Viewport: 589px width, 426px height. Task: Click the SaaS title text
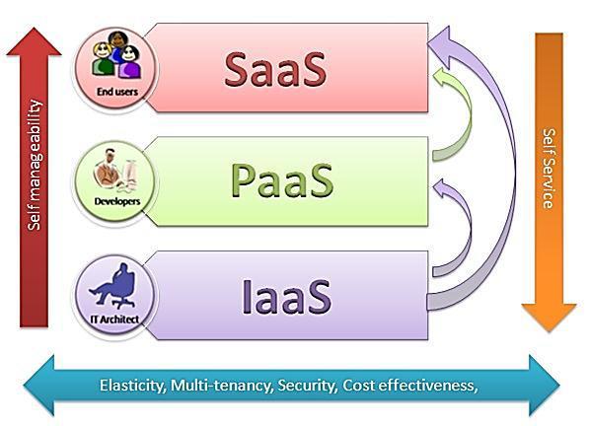[275, 69]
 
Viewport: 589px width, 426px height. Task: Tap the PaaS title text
[282, 179]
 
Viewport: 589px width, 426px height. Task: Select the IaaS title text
[286, 296]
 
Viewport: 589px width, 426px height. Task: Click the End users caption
[117, 92]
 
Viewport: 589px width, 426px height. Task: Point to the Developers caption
[117, 201]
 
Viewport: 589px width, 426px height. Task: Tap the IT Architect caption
[115, 319]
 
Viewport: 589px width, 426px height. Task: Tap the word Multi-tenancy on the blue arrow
[222, 386]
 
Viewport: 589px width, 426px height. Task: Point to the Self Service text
[549, 169]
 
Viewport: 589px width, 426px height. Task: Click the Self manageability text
[35, 165]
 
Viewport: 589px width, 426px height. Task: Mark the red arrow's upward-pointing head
[34, 41]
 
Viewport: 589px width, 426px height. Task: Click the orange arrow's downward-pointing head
[549, 318]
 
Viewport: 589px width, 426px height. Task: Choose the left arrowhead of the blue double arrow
[39, 386]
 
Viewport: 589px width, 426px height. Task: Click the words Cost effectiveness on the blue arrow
[410, 386]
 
